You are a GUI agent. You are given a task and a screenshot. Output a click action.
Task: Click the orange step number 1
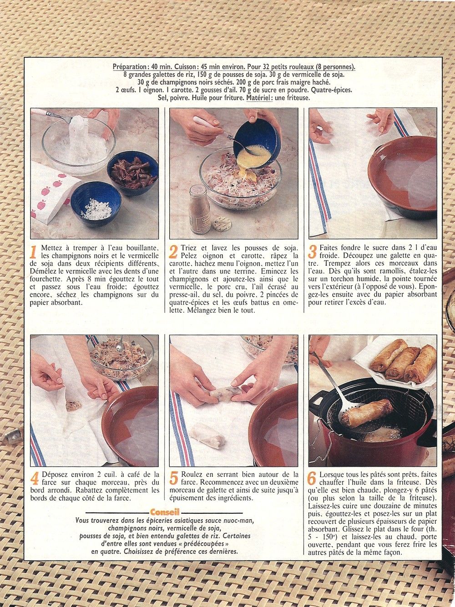(34, 252)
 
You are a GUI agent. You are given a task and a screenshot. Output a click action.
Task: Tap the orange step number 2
(174, 252)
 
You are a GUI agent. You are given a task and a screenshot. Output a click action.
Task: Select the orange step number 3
(313, 252)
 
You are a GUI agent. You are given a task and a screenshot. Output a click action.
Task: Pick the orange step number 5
(174, 478)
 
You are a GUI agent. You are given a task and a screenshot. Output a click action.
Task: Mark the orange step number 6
(312, 478)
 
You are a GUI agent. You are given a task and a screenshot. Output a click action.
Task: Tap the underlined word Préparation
(129, 67)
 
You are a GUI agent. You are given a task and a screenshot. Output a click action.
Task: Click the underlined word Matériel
(258, 98)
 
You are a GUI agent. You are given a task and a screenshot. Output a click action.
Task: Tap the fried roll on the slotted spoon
(367, 413)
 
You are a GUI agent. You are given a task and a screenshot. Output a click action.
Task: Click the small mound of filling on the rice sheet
(73, 406)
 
